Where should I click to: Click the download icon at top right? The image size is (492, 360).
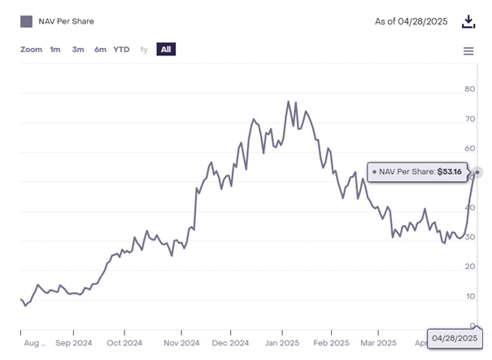coord(468,21)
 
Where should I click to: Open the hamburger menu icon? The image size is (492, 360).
coord(468,51)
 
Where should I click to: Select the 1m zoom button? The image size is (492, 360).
coord(55,50)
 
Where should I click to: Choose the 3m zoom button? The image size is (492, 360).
coord(78,50)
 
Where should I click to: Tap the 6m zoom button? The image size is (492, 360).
coord(100,50)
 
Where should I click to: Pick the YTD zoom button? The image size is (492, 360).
coord(121,50)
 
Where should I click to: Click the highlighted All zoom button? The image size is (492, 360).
coord(166,50)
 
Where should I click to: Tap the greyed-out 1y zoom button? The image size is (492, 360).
coord(144,50)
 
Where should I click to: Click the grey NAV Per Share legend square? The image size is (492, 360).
coord(27,22)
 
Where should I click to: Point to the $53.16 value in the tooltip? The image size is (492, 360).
coord(450,171)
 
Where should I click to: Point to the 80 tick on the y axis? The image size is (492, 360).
coord(469,89)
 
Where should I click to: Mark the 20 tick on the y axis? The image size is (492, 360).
coord(469,267)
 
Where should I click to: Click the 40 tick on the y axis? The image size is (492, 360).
coord(469,207)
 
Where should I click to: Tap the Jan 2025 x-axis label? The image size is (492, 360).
coord(281,342)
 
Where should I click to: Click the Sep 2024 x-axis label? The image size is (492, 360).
coord(73,342)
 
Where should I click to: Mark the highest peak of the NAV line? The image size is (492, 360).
coord(289,102)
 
